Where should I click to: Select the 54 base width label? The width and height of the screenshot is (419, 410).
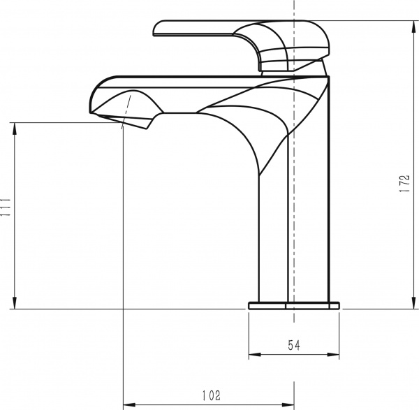tap(294, 345)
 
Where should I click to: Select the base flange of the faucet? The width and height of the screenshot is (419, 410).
tap(294, 305)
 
